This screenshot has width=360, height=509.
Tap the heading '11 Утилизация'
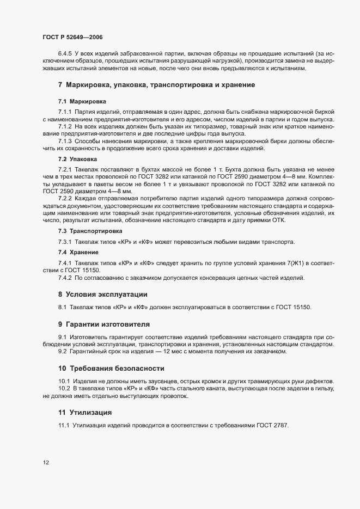[85, 411]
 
